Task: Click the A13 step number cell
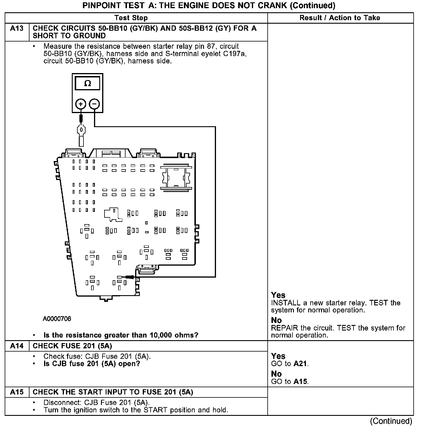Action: coord(17,29)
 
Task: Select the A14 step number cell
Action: coord(17,346)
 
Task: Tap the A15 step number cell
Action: coord(17,392)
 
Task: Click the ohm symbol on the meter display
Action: coord(87,84)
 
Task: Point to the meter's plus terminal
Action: coord(81,104)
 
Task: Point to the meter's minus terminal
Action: coord(94,104)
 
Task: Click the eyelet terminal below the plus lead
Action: coord(81,130)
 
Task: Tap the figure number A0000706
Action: coord(57,319)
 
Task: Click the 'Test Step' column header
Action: coord(131,18)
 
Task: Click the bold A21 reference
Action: coord(300,364)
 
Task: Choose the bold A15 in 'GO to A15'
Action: coord(300,381)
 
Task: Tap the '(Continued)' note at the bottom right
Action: coord(391,421)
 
